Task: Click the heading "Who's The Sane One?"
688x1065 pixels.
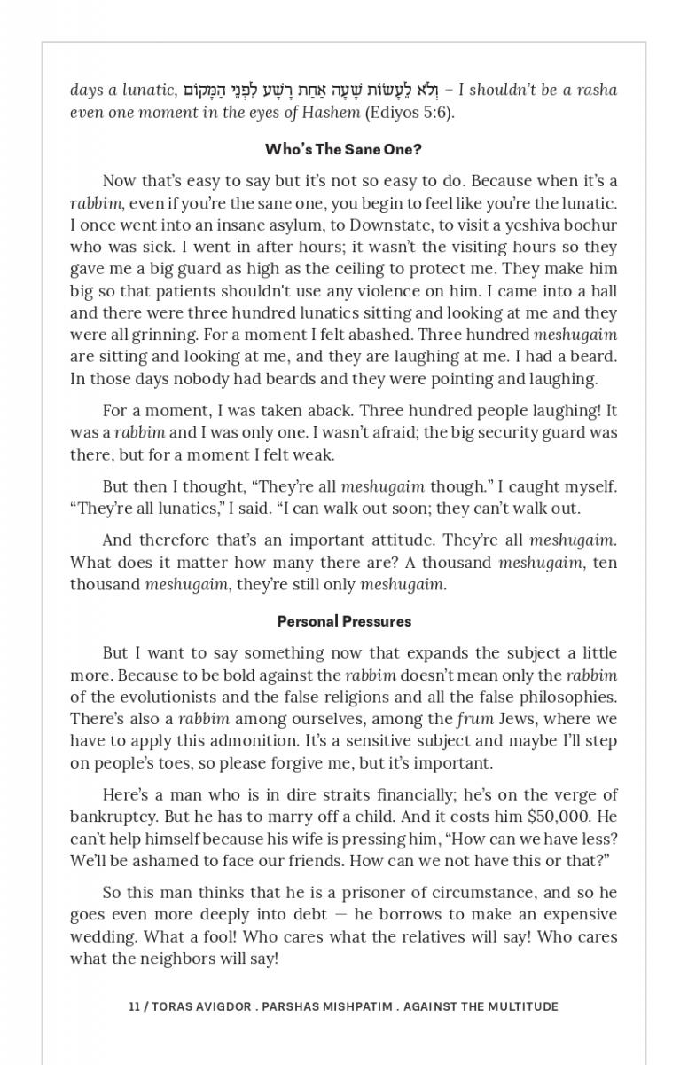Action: [x=343, y=149]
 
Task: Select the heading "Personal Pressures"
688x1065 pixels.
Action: [x=344, y=621]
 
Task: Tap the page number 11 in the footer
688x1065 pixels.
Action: [x=134, y=1006]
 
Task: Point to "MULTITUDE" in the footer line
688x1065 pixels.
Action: [x=520, y=1006]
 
